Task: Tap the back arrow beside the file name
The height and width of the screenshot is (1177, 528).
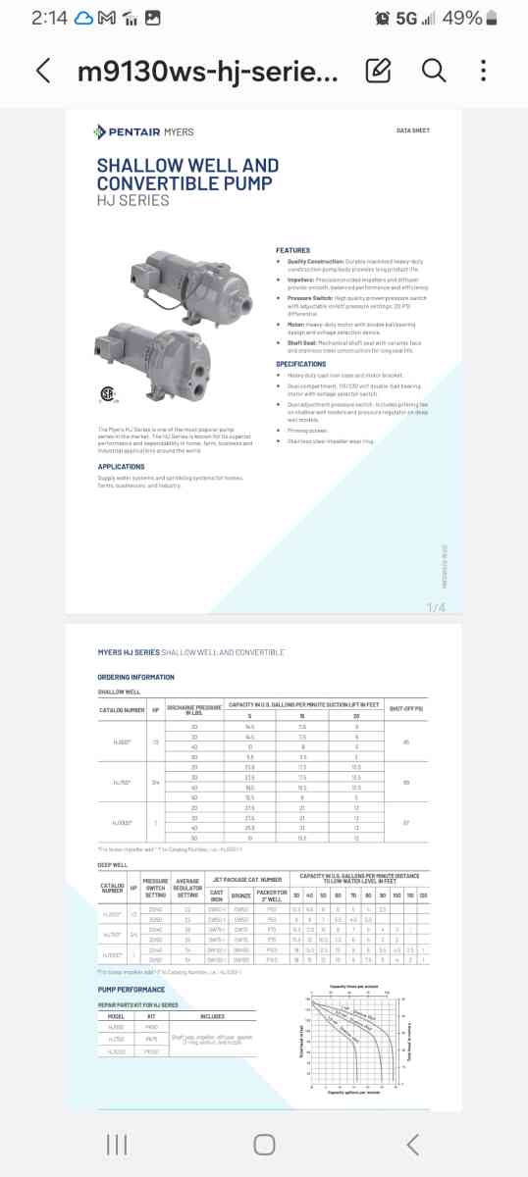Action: coord(42,71)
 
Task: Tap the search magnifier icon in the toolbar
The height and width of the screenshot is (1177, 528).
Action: coord(433,71)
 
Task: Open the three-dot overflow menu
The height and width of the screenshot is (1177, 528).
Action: coord(484,71)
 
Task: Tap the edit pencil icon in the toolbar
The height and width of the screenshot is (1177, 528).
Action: coord(378,71)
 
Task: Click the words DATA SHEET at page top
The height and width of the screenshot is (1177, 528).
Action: coord(413,130)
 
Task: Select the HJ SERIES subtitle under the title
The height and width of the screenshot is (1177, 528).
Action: coord(132,201)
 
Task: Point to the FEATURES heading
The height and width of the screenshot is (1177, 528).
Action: coord(292,250)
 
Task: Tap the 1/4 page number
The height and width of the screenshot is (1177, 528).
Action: coord(436,608)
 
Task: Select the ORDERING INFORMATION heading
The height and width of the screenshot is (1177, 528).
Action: coord(135,677)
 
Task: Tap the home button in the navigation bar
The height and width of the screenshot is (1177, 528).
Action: coord(264,1144)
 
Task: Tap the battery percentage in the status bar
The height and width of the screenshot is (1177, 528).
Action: coord(462,18)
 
